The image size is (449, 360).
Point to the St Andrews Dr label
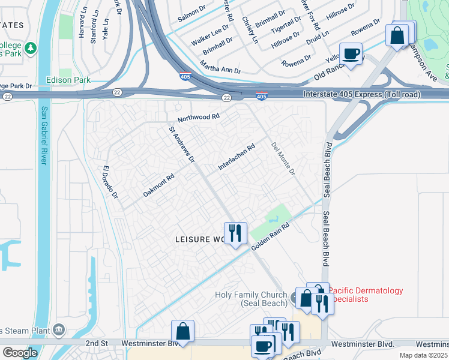[181, 144]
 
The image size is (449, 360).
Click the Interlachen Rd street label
[237, 156]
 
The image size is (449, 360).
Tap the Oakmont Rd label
[158, 185]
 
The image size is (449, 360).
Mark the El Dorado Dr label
[110, 182]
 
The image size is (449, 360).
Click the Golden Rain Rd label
[270, 238]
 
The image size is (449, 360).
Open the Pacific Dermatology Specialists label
[366, 295]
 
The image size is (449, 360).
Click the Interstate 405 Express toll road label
[362, 94]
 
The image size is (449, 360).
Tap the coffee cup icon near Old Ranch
[351, 53]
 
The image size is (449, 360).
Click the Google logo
[19, 352]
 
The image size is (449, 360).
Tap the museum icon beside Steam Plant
[59, 329]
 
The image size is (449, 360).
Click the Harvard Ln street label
[82, 30]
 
